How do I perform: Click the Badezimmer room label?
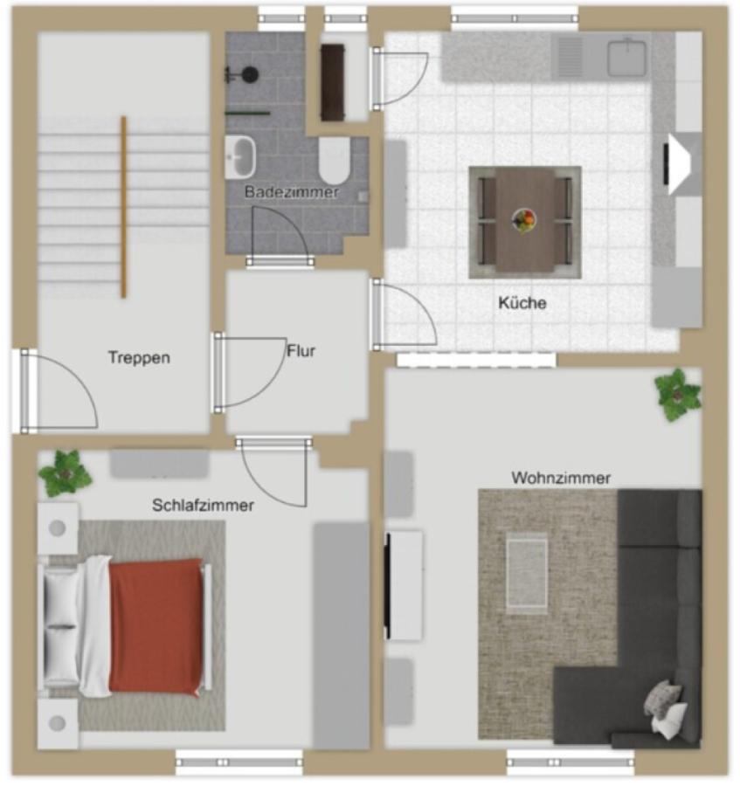point(292,192)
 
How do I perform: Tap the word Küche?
point(522,303)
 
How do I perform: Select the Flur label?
point(301,351)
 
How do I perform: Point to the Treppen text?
point(140,357)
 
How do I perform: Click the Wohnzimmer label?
point(561,478)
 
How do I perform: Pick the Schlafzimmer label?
point(203,505)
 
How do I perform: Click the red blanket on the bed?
point(156,627)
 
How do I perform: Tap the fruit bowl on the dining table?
point(524,221)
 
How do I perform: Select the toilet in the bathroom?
point(335,161)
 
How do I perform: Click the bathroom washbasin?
point(240,157)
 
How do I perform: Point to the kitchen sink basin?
point(626,59)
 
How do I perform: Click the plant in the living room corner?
point(677,395)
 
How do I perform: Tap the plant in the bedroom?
point(66,473)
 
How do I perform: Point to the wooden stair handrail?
point(123,207)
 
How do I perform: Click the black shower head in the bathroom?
point(249,75)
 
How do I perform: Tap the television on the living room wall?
point(388,585)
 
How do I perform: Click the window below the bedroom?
point(239,762)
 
